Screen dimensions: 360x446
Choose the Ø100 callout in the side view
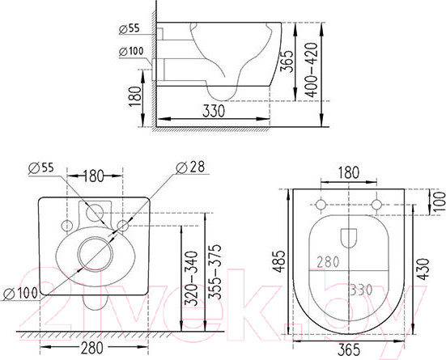click(130, 53)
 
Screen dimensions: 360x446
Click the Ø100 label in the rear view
click(20, 292)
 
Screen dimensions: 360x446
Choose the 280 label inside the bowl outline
click(328, 262)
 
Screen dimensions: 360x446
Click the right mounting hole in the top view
click(377, 203)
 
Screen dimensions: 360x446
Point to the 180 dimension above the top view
click(349, 172)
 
